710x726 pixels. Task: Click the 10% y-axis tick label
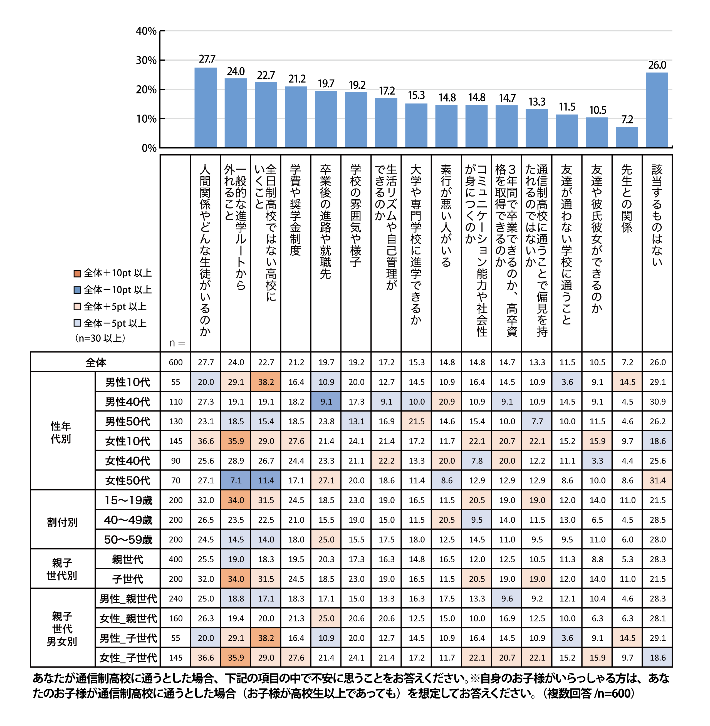(146, 119)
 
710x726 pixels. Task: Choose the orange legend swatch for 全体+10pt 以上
(77, 273)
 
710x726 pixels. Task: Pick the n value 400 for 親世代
(176, 559)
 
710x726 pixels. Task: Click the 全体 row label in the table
(95, 362)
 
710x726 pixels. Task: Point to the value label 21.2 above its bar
(297, 79)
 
